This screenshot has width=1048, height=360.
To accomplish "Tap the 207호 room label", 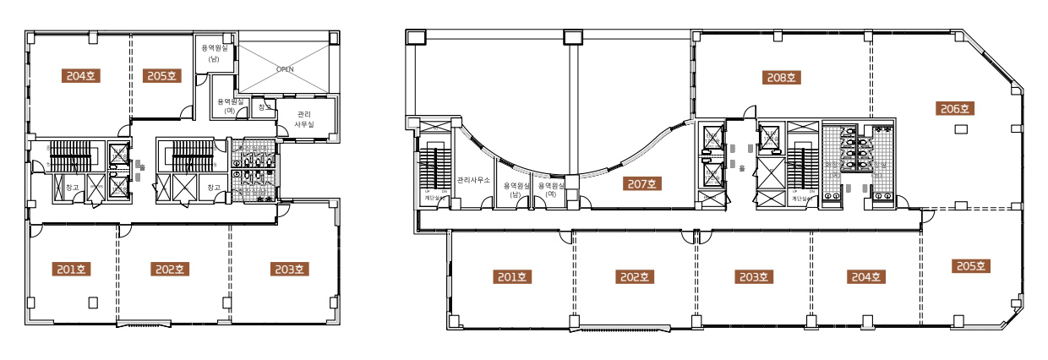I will [x=642, y=183].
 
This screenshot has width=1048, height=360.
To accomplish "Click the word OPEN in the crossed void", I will [x=286, y=70].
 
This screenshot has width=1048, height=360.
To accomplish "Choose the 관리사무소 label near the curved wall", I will [x=474, y=180].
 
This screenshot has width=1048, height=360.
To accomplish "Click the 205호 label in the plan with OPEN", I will [x=159, y=75].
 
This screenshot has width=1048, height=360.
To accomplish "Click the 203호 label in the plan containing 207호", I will [x=754, y=275].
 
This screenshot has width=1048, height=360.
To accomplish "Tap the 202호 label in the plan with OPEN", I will [x=169, y=270].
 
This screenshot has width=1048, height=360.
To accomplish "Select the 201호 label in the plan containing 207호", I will [x=510, y=275].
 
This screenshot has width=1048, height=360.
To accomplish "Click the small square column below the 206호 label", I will [x=961, y=129].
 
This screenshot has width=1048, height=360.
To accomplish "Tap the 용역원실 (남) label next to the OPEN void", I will [x=215, y=53].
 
